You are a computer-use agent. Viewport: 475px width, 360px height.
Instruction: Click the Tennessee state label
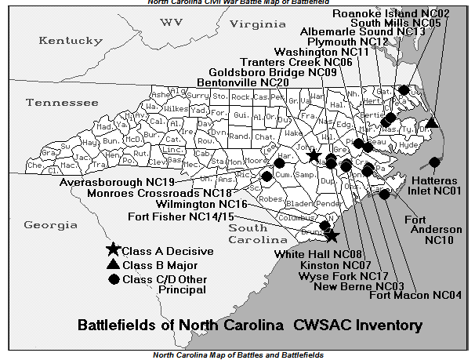61,103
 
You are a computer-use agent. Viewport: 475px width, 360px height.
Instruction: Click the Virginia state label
259,24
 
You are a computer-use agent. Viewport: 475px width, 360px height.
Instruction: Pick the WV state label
170,22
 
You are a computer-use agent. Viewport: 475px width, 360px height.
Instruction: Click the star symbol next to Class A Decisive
114,250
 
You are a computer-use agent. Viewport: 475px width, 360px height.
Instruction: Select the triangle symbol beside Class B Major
114,265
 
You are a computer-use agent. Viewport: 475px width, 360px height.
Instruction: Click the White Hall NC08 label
317,254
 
